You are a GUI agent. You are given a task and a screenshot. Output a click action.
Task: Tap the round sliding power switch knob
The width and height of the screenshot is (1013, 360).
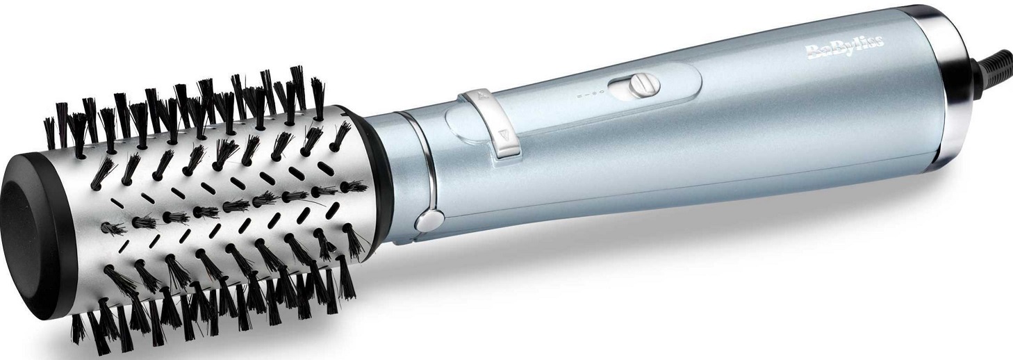(645, 85)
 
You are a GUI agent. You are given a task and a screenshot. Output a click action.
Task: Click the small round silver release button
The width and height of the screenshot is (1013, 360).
(429, 221)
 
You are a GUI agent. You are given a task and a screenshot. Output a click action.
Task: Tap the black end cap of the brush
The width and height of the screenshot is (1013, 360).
(36, 235)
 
